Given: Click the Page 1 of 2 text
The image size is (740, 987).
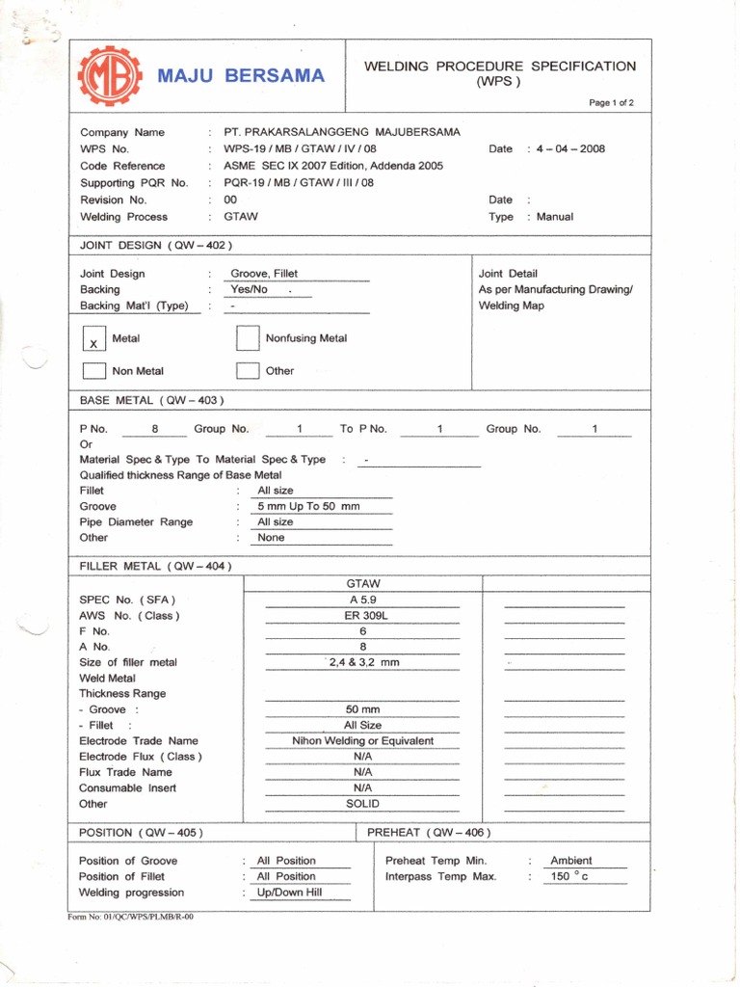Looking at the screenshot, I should (x=612, y=102).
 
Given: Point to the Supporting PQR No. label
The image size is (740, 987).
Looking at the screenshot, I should (x=134, y=183).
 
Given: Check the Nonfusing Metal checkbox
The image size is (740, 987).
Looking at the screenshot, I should (x=248, y=338).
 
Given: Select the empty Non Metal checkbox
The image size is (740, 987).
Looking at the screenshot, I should (x=94, y=371).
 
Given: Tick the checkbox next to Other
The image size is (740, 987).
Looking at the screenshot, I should (x=248, y=371).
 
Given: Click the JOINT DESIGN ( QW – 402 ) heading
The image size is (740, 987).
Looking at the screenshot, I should (x=155, y=245).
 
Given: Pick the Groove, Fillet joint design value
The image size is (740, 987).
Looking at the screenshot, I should (x=264, y=274).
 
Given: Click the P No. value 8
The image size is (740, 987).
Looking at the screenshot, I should (x=155, y=429).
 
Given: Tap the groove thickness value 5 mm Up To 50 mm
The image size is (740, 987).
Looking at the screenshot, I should (x=308, y=506).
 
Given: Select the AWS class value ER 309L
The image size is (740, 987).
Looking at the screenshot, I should (x=363, y=615).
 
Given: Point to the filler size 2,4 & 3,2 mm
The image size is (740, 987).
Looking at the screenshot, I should (x=363, y=662).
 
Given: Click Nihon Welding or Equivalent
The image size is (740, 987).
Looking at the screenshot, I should (x=363, y=741).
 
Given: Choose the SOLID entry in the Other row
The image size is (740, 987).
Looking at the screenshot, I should (x=363, y=803).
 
